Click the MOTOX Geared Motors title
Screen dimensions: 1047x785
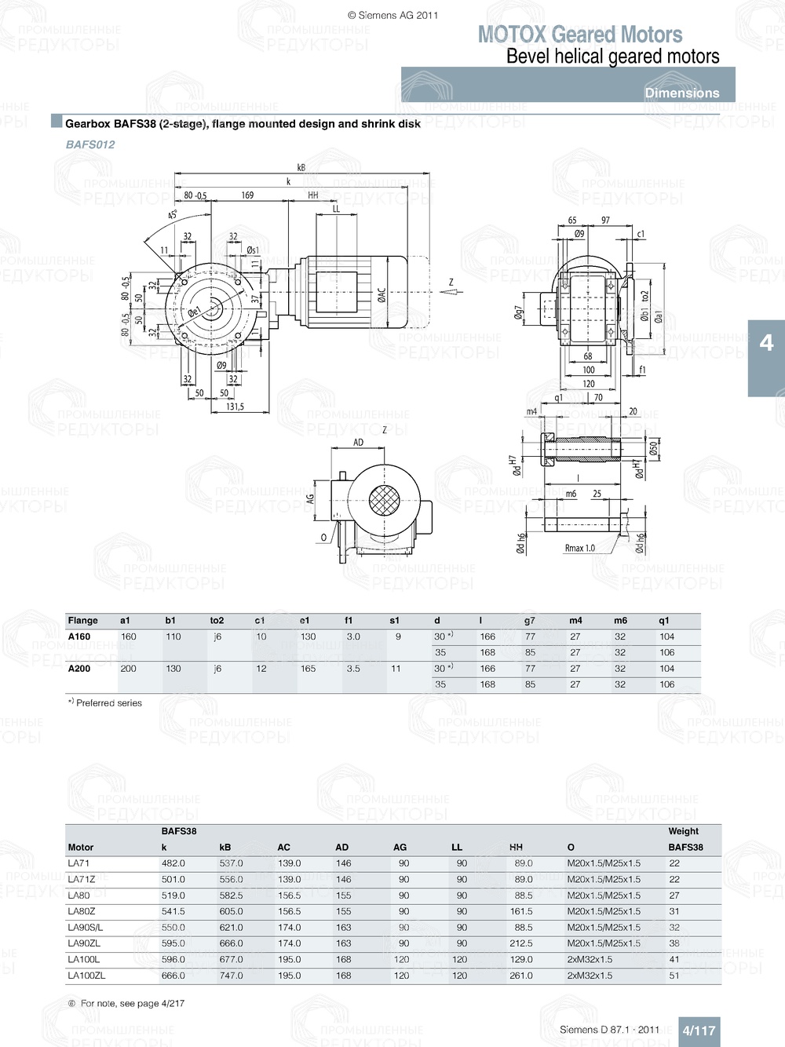pos(580,35)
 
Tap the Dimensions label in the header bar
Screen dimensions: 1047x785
pos(681,93)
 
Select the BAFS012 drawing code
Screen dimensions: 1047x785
pos(90,144)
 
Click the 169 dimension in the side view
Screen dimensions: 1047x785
pos(247,195)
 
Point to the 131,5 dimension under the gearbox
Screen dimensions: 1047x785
pos(235,407)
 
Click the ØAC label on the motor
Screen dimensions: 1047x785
pos(382,295)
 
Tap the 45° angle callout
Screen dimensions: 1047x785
pos(173,214)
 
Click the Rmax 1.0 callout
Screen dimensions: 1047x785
pos(579,548)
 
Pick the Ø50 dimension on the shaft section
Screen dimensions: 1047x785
pos(653,448)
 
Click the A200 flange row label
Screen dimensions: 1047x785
pos(79,669)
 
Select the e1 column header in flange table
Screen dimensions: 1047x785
pos(305,620)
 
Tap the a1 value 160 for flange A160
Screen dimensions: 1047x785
pos(128,637)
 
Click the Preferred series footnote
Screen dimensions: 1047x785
pos(105,703)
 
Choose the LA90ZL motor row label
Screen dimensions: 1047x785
pos(84,943)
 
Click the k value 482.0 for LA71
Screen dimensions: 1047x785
pos(173,863)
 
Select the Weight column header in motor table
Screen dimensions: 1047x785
pos(683,831)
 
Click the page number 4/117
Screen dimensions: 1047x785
pos(698,1031)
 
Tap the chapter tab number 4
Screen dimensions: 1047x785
pos(766,343)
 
